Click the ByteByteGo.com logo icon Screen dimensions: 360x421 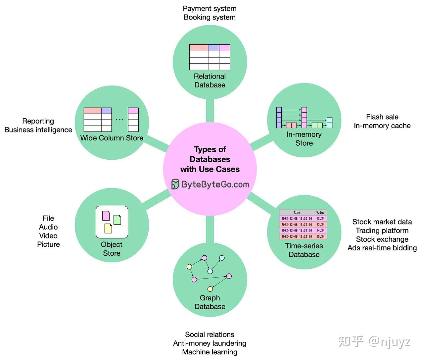pyautogui.click(x=175, y=184)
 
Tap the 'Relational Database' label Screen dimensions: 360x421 pyautogui.click(x=210, y=80)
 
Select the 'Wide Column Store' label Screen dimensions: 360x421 pyautogui.click(x=112, y=138)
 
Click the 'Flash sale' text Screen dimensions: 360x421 pyautogui.click(x=382, y=117)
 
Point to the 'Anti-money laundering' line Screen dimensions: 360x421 pyautogui.click(x=210, y=343)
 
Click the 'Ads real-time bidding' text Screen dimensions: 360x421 pyautogui.click(x=382, y=248)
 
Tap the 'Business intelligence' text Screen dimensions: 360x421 pyautogui.click(x=38, y=130)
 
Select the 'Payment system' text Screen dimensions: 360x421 pyautogui.click(x=210, y=9)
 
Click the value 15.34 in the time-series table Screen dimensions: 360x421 pyautogui.click(x=320, y=236)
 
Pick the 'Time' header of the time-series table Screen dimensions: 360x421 pyautogui.click(x=297, y=213)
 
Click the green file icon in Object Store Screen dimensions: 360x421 pyautogui.click(x=117, y=220)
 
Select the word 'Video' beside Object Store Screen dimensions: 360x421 pyautogui.click(x=48, y=236)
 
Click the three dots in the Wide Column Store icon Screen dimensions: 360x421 pyautogui.click(x=120, y=120)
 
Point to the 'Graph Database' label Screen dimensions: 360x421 pyautogui.click(x=210, y=302)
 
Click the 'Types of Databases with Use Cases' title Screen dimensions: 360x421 pyautogui.click(x=210, y=159)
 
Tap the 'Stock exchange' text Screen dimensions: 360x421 pyautogui.click(x=382, y=239)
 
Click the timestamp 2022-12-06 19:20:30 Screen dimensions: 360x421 pyautogui.click(x=297, y=219)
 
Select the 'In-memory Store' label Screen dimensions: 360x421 pyautogui.click(x=304, y=139)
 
